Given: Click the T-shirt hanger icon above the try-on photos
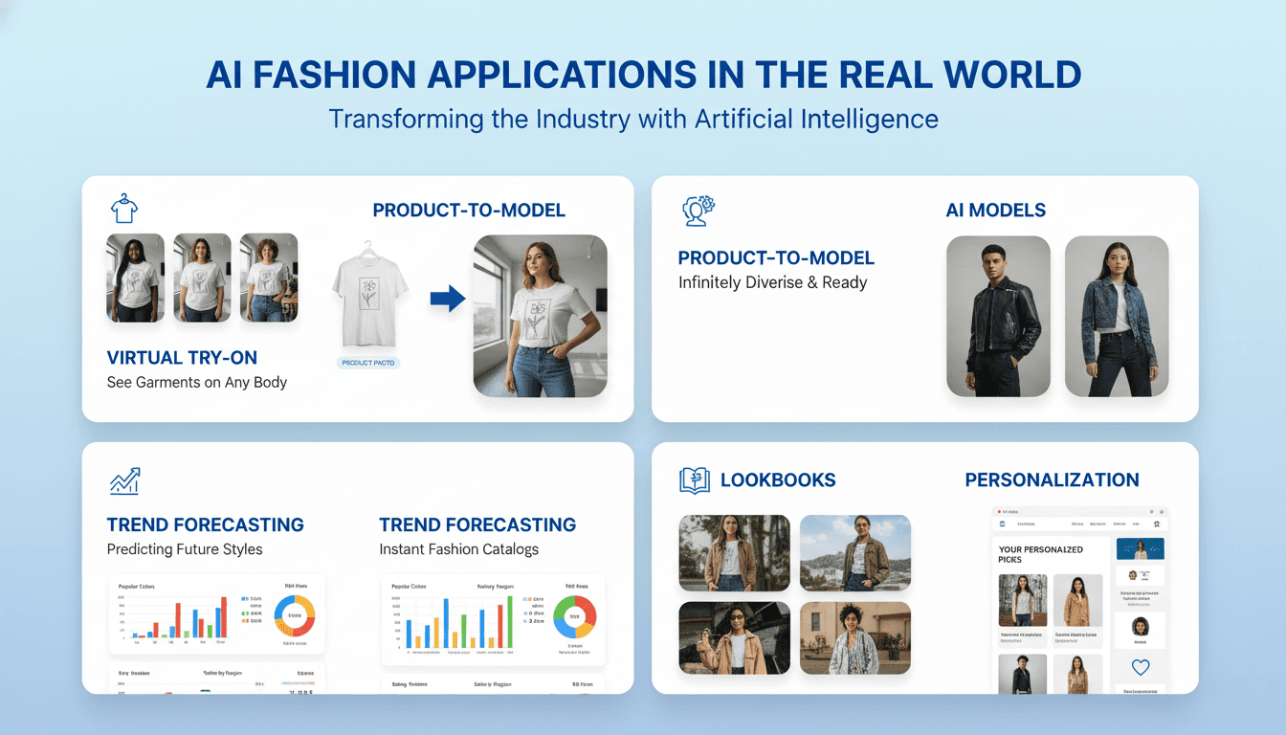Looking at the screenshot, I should click(123, 208).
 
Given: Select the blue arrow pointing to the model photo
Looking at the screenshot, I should click(447, 299).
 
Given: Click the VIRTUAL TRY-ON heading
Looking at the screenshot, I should click(182, 358).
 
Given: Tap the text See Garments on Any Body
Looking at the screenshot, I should click(196, 383).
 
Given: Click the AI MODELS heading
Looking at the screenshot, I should click(995, 211).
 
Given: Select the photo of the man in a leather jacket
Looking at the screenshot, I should click(998, 316).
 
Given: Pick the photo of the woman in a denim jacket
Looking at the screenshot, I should click(1116, 316).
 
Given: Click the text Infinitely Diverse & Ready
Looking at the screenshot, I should click(772, 282).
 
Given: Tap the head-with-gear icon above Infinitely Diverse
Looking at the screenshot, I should click(698, 211).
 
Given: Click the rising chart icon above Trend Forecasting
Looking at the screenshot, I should click(125, 481).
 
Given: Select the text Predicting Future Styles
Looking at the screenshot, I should click(185, 549).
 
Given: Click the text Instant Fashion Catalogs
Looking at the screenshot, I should click(458, 549).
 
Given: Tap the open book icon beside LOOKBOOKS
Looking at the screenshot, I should click(695, 480).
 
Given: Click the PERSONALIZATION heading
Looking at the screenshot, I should click(1052, 480).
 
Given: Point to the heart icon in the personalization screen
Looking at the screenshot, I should click(1140, 668).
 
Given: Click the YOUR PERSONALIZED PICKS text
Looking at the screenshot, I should click(1040, 554).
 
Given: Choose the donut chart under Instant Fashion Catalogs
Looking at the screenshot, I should click(575, 617).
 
